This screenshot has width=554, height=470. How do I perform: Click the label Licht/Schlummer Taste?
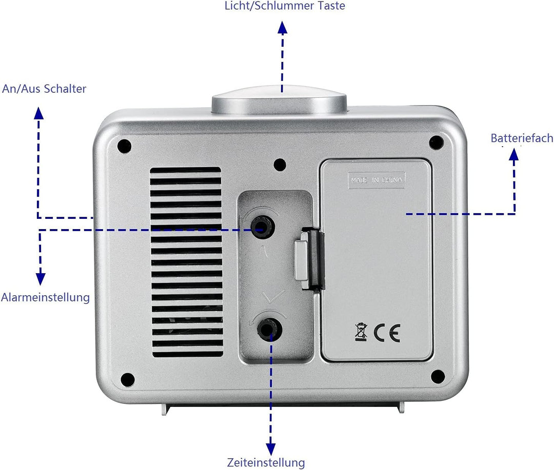(x=285, y=6)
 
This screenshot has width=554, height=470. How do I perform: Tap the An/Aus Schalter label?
(x=44, y=89)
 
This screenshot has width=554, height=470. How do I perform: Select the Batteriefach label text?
(x=522, y=138)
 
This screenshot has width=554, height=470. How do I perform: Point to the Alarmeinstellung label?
(x=45, y=297)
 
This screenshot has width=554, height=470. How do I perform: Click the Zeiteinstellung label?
(x=266, y=462)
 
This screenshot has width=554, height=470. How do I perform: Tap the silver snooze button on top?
(x=279, y=99)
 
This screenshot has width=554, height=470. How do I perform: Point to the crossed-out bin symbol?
(x=361, y=332)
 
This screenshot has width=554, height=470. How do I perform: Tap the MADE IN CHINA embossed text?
(x=377, y=180)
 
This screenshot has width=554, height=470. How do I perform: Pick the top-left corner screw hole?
(x=124, y=146)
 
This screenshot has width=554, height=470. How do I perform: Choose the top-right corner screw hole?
(x=436, y=142)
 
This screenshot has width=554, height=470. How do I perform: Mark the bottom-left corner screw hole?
(x=128, y=380)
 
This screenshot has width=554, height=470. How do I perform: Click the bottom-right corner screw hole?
(x=438, y=377)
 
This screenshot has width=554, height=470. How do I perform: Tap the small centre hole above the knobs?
(x=280, y=165)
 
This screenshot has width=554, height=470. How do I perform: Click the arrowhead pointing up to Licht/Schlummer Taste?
(x=282, y=28)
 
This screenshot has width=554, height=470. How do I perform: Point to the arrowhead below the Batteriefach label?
(x=514, y=155)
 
